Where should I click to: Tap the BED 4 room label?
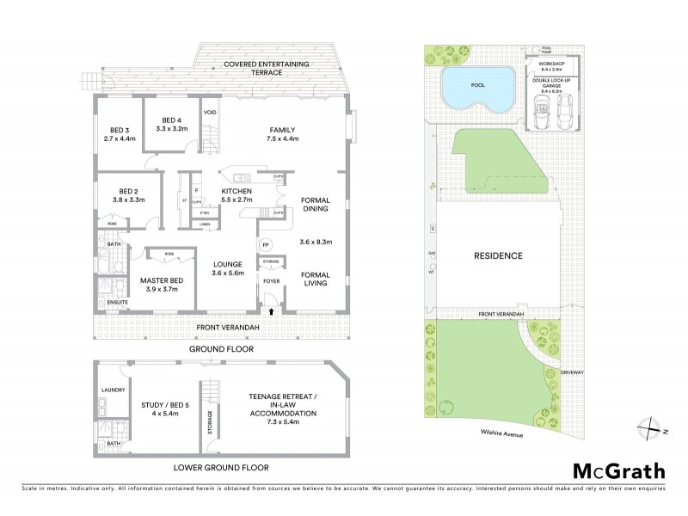171,120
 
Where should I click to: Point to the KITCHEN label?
235,191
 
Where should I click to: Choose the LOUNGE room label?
228,267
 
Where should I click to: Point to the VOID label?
209,112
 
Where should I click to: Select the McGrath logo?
619,470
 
